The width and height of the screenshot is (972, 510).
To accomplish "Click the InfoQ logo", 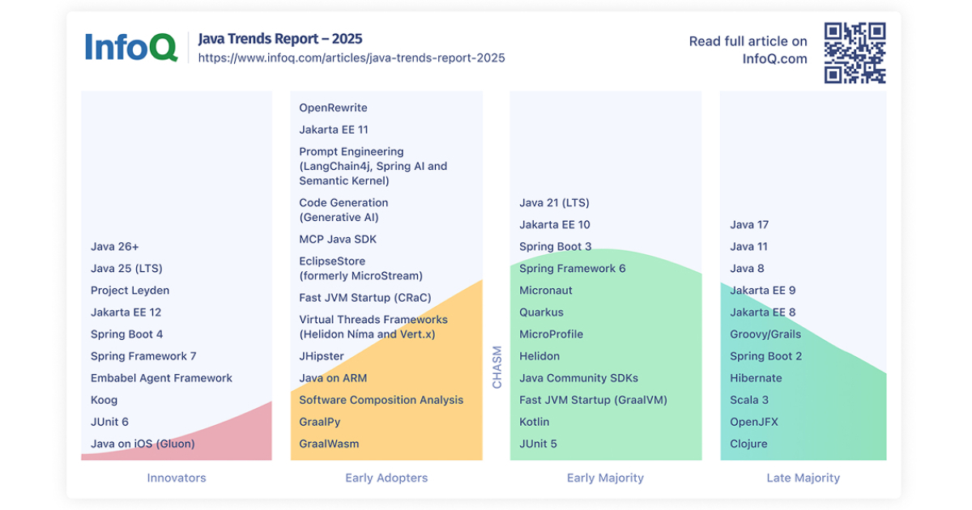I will [130, 47].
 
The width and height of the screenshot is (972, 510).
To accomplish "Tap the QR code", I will [855, 53].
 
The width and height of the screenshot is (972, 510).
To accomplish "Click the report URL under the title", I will [352, 58].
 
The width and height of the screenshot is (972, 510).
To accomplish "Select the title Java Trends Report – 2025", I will [280, 39].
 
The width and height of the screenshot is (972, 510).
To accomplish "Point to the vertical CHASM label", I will [497, 367].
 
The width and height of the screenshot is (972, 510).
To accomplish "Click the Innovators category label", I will [177, 478].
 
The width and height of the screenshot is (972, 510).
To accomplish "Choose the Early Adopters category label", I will [386, 478].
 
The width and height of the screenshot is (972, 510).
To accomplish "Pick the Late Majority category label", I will [803, 478].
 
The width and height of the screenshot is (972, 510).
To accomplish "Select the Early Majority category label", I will [605, 478].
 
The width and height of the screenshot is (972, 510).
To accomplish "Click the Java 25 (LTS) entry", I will [126, 269].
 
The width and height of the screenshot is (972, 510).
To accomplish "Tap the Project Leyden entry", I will [130, 291].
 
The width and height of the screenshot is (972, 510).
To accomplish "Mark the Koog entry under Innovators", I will [104, 400].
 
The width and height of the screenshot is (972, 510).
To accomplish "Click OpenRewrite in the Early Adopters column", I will [333, 108].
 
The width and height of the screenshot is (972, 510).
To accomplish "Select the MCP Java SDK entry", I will [338, 240].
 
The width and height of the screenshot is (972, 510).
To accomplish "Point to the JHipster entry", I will [322, 356].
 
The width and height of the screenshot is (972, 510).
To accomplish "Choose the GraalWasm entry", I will [329, 444].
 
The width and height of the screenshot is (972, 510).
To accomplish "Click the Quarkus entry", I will [541, 312].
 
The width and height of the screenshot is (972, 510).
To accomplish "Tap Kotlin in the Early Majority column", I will [534, 422].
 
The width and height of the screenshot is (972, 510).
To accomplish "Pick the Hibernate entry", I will [756, 378].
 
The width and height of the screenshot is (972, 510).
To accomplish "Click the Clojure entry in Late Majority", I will [748, 444].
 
